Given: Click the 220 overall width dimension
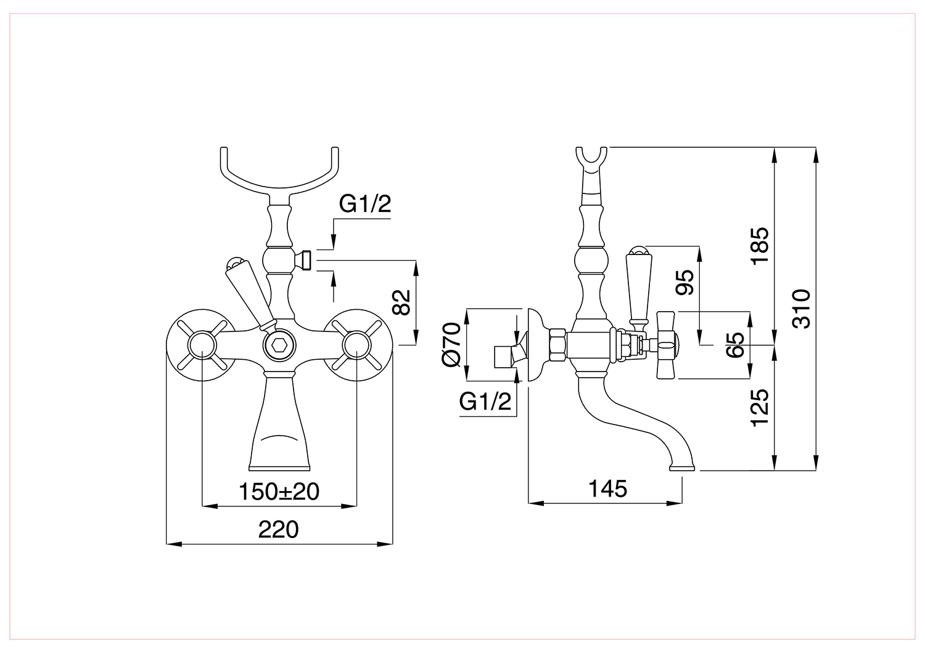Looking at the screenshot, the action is (278, 530).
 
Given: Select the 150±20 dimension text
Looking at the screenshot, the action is (279, 492).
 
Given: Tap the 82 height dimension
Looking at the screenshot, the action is (401, 302).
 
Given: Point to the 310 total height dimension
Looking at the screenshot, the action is (802, 309).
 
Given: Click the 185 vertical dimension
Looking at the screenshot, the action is (760, 246).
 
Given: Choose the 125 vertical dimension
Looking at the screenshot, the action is (760, 408).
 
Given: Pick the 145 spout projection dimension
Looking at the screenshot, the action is (607, 489).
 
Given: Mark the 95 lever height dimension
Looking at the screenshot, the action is (684, 282).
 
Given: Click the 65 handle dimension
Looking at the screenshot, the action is (735, 345).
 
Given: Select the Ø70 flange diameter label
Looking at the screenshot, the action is (451, 344).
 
